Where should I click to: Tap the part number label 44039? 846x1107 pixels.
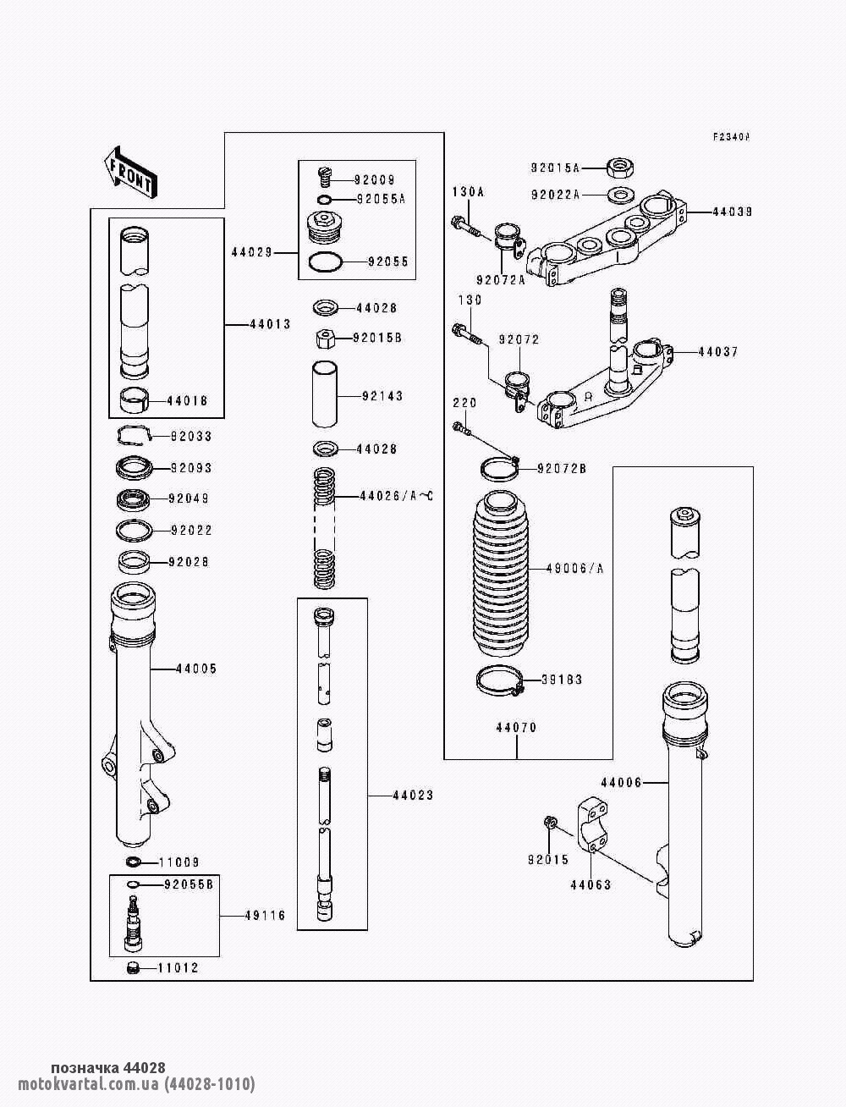pos(731,212)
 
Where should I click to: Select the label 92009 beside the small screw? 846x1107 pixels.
pos(374,180)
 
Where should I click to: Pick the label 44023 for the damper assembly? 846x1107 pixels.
pos(413,796)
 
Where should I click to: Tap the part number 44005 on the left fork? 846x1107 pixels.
pos(196,669)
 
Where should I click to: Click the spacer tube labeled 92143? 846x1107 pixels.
pos(323,395)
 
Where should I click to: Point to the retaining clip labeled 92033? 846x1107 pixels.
pos(133,435)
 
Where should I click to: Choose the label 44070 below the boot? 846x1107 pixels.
pos(516,728)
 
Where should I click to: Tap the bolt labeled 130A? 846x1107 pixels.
pos(463,225)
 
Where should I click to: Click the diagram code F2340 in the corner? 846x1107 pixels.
pos(731,137)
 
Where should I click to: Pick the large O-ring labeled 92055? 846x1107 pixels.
pos(326,262)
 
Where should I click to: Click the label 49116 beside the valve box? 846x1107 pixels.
pos(265,916)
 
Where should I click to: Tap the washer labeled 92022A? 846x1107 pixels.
pos(622,195)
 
